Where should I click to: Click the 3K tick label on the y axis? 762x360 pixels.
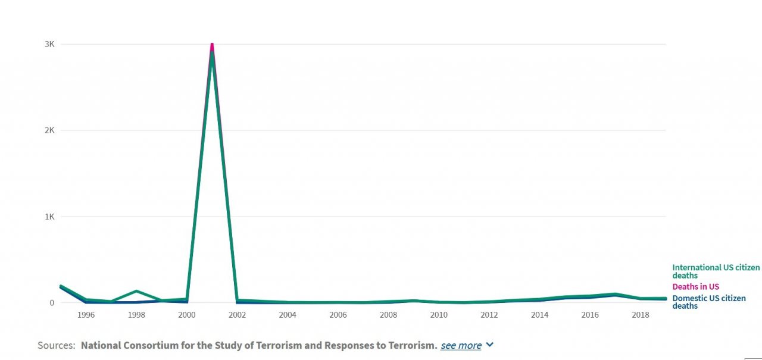49,44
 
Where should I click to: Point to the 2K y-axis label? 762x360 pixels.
49,130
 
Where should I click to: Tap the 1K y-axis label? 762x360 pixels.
49,217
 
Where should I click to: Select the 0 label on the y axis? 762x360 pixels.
52,302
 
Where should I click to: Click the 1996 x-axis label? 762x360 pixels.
86,315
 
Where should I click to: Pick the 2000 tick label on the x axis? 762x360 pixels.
186,315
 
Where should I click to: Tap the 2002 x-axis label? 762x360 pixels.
237,315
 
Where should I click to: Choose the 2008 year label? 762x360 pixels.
388,315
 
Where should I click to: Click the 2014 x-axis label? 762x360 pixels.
539,315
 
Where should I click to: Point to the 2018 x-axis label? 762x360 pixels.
641,315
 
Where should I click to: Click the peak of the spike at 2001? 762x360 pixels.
212,45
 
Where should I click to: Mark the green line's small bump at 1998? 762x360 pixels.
136,291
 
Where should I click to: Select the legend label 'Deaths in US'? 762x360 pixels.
695,287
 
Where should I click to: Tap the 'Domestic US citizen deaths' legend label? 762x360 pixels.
708,302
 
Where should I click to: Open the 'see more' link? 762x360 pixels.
461,346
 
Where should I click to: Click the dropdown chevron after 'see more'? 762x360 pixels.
490,345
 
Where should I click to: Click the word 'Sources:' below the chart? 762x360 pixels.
57,346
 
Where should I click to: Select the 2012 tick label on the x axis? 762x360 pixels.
489,315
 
